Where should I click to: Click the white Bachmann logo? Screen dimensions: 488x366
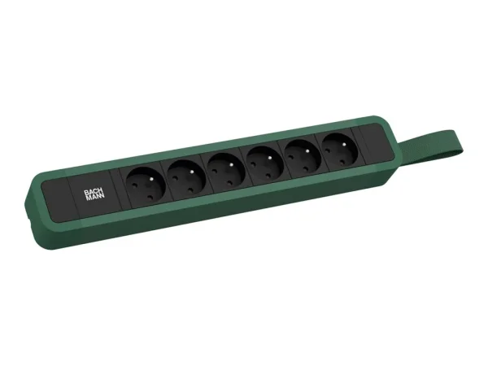pos(94,194)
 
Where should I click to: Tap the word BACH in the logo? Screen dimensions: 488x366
pos(94,192)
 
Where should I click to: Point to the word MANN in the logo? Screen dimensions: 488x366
pos(95,197)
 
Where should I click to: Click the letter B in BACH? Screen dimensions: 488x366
pos(86,193)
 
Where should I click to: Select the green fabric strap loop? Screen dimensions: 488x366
pos(433,146)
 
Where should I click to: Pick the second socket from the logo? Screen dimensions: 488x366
pos(186,179)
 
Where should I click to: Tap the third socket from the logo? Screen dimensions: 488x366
pos(225,172)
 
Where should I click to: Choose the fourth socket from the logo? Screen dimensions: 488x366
pos(264,165)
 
